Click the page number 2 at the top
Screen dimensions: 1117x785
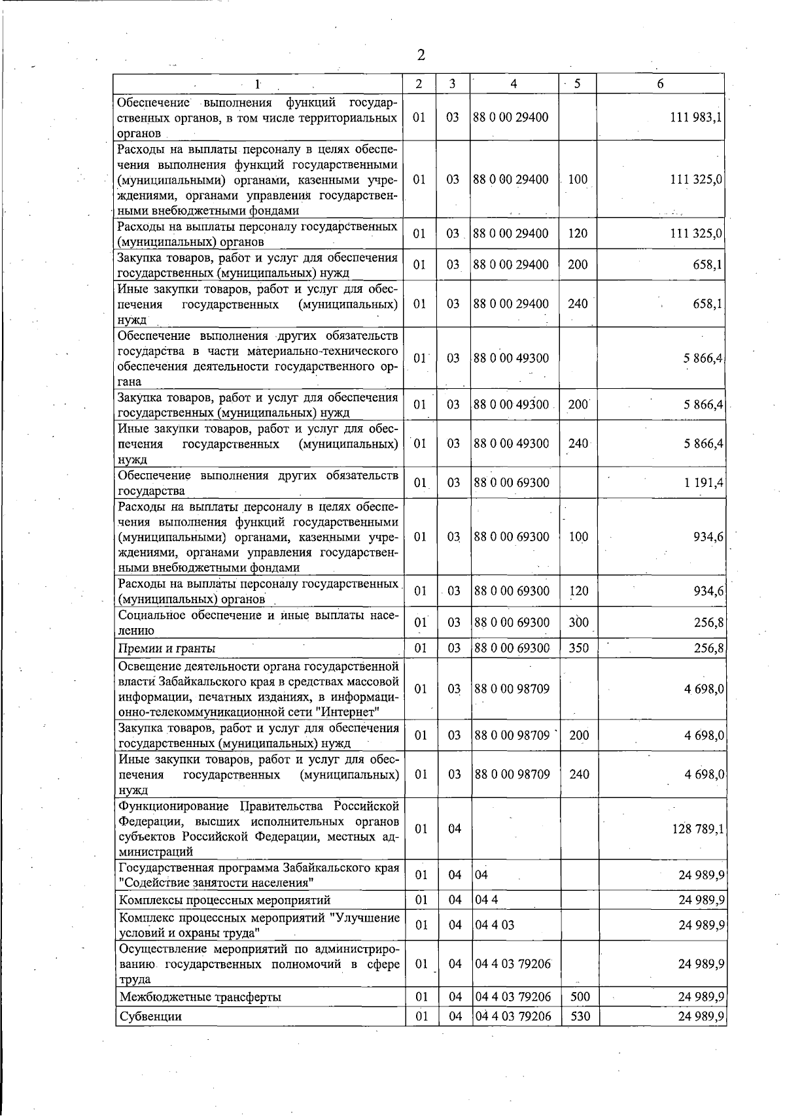[421, 56]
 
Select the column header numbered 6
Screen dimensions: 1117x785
[660, 84]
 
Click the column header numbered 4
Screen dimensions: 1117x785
[514, 84]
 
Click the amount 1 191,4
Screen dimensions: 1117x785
[703, 483]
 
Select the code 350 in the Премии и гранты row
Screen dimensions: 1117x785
[578, 648]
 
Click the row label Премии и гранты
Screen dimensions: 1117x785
[167, 649]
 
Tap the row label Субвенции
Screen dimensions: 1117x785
[150, 1016]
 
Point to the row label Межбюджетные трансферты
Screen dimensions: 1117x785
[200, 997]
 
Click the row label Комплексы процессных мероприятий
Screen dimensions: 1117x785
[224, 901]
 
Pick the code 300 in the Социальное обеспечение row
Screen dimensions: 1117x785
[578, 622]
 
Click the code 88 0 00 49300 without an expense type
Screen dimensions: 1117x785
[512, 358]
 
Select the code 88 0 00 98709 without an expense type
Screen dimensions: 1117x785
[512, 689]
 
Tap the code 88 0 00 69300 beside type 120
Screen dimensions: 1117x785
[512, 592]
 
